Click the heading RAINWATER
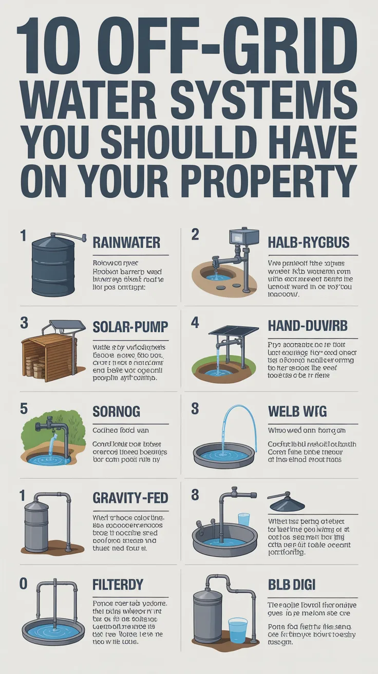[126, 242]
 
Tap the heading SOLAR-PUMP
[130, 327]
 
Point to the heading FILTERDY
[118, 585]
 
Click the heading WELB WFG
[297, 412]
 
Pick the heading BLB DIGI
[292, 585]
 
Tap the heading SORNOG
[116, 412]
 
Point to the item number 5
[23, 408]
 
